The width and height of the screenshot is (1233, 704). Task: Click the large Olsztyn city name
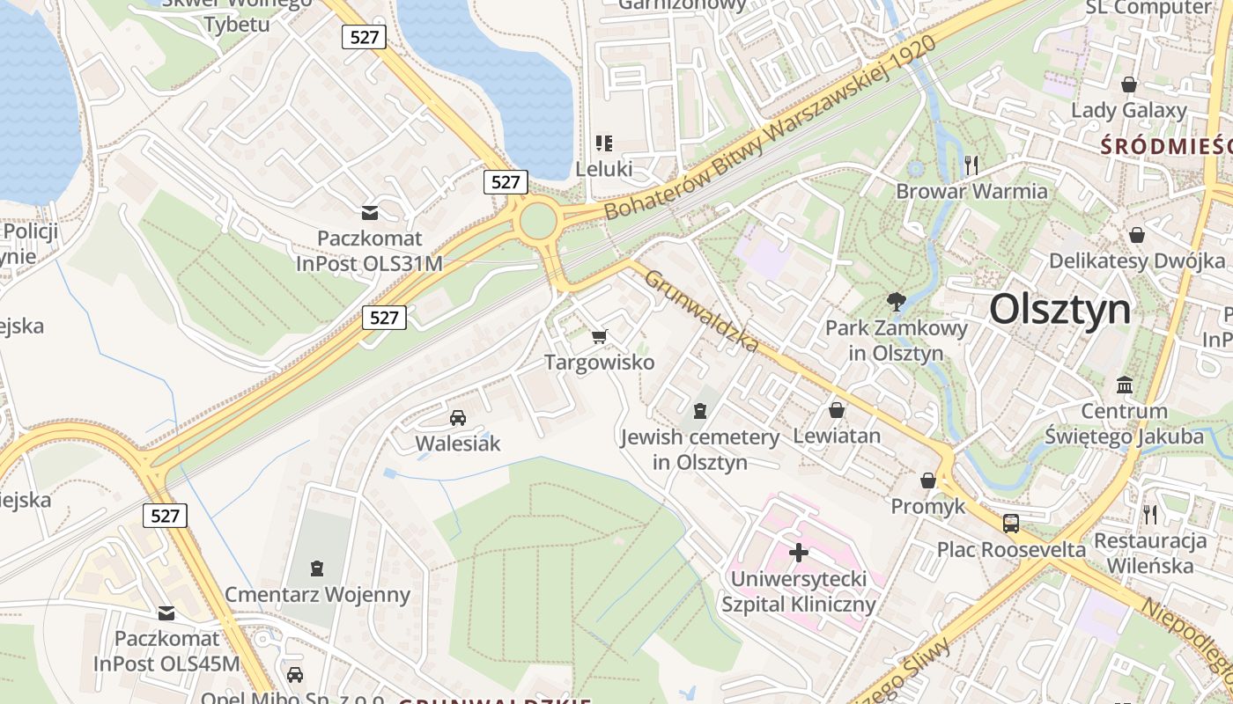[1059, 310]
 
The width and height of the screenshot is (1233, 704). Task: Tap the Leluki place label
[604, 167]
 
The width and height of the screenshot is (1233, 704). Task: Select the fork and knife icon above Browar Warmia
[971, 165]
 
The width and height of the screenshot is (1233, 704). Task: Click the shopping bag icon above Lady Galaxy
[1129, 84]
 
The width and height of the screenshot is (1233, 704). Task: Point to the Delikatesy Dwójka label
[1136, 261]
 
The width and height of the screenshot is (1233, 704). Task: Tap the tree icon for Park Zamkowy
[897, 302]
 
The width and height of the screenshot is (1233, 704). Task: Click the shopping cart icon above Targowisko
[600, 335]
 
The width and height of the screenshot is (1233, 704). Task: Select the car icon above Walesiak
[457, 417]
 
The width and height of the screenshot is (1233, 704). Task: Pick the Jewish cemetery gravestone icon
[699, 410]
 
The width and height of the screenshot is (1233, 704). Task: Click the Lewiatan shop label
[837, 436]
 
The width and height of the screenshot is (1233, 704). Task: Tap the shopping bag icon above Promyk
[928, 480]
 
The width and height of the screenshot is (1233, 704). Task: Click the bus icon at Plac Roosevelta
[1011, 523]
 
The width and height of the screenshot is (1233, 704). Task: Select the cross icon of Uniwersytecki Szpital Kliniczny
[799, 553]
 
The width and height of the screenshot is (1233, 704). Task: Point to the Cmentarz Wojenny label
[317, 595]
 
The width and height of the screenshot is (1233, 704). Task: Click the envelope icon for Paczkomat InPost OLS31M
[370, 212]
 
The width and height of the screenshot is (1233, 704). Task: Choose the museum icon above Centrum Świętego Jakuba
[1124, 385]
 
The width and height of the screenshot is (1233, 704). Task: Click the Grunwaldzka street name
[700, 311]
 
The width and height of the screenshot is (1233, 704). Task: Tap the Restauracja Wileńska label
[1150, 553]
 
